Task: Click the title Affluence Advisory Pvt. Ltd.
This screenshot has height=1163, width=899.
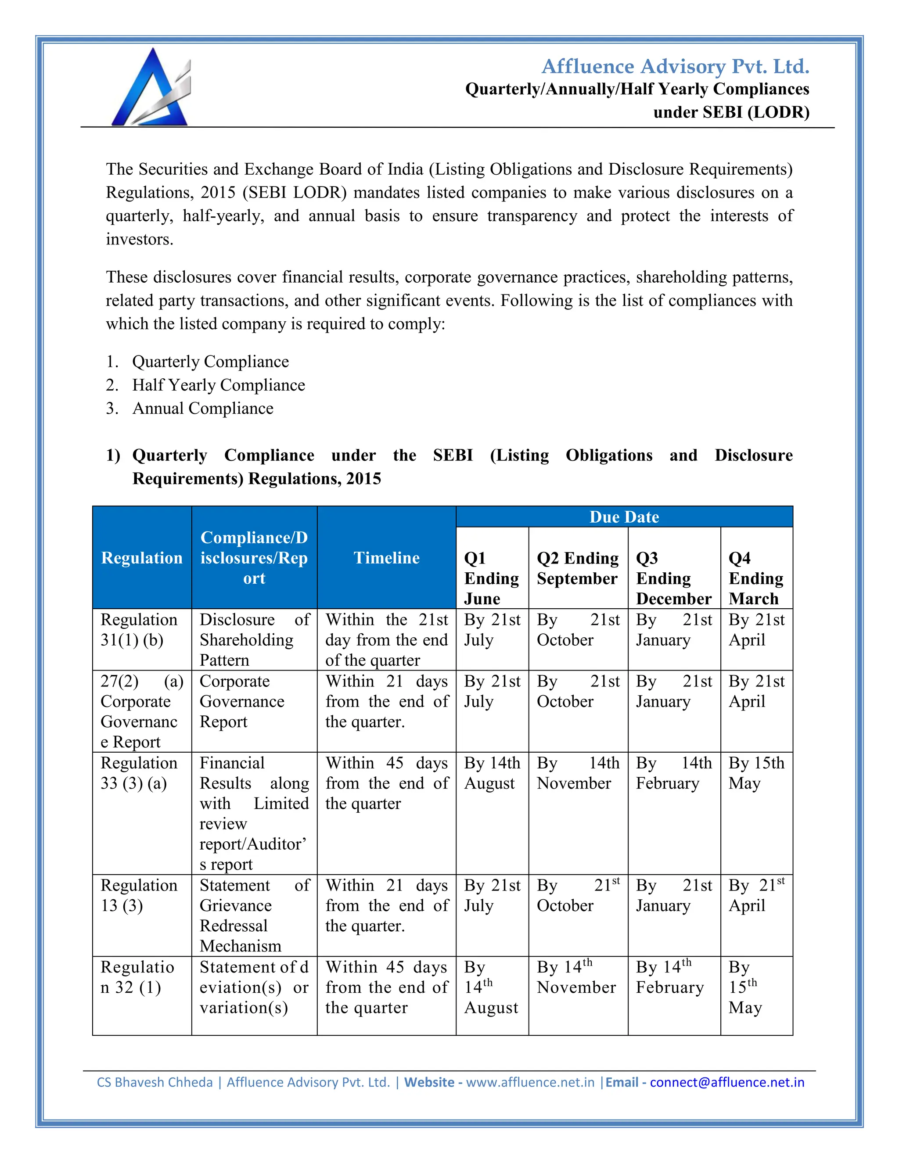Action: click(x=675, y=67)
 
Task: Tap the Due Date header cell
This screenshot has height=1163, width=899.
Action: click(x=624, y=517)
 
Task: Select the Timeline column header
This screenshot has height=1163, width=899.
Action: click(x=386, y=557)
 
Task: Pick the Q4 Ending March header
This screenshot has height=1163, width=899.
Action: click(x=756, y=578)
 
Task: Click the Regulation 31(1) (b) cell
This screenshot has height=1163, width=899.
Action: click(x=140, y=629)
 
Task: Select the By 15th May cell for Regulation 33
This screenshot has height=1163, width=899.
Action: click(x=756, y=773)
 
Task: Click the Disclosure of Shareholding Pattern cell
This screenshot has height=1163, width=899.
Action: click(x=254, y=639)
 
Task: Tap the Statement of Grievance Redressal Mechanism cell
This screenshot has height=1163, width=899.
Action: click(x=254, y=915)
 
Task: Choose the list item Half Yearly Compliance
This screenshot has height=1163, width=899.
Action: click(x=218, y=385)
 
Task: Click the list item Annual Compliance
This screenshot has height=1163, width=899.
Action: click(x=202, y=409)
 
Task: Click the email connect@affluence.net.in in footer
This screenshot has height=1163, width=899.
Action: click(x=726, y=1082)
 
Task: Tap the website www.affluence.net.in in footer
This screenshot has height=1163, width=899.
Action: click(x=530, y=1082)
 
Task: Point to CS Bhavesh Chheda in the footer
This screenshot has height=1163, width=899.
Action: click(x=155, y=1082)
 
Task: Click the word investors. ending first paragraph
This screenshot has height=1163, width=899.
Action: click(x=140, y=239)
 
